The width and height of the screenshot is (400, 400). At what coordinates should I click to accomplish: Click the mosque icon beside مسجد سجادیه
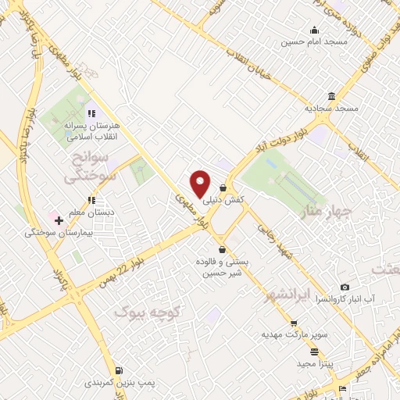point(333,97)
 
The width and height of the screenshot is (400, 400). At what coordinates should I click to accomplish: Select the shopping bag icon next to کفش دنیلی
point(224,188)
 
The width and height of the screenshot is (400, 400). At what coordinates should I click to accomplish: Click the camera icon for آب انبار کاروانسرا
point(345,287)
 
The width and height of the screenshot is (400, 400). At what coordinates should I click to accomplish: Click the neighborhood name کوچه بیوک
point(148,312)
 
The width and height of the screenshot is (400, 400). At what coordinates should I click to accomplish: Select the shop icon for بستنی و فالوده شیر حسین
point(224,250)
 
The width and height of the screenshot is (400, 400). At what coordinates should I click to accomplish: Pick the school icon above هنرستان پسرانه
point(91,114)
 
